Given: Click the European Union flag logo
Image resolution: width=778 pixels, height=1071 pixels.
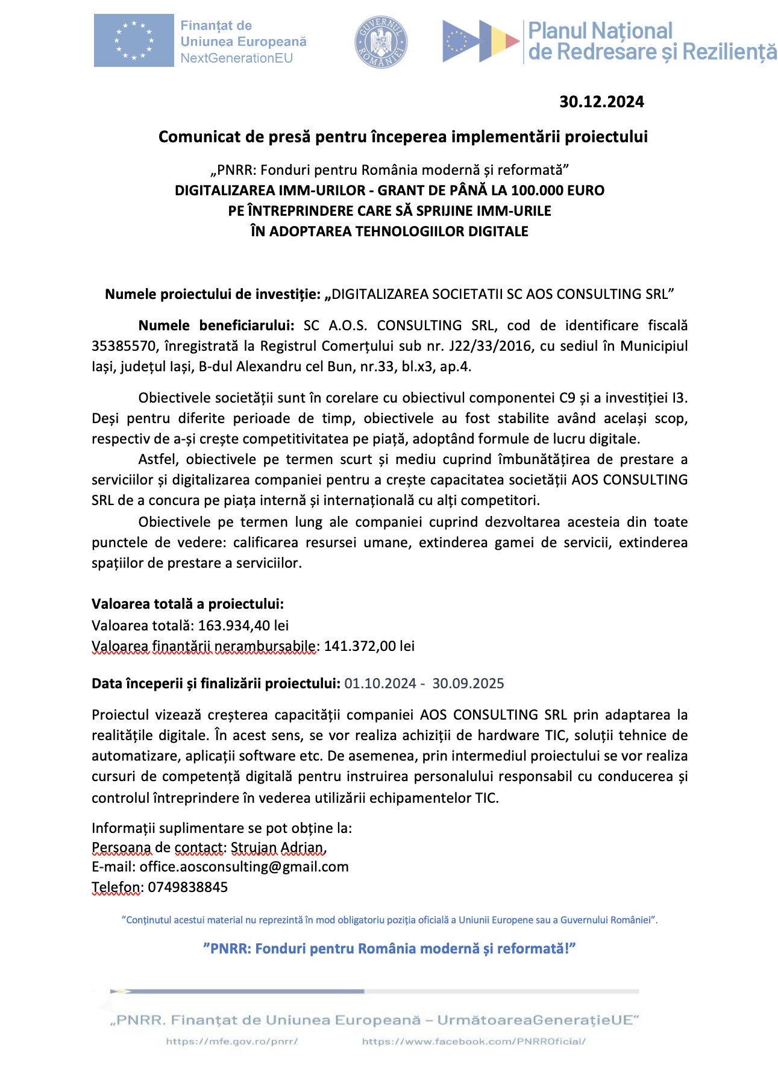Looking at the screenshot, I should (134, 40).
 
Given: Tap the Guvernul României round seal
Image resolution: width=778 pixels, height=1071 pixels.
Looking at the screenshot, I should (381, 42).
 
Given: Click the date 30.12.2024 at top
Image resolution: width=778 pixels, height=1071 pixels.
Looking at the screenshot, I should (601, 102).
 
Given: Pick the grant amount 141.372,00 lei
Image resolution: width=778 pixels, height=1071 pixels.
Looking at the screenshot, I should (369, 646).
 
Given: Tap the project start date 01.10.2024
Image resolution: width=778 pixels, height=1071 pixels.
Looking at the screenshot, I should (380, 683).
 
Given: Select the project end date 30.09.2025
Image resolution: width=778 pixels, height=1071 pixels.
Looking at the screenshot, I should (468, 683).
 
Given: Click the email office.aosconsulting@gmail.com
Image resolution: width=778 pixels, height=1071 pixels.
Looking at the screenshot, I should (244, 867).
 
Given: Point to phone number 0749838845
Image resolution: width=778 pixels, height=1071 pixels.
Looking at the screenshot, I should (187, 887).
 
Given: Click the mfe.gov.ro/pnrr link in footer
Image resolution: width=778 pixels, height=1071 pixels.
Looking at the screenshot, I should (232, 1041).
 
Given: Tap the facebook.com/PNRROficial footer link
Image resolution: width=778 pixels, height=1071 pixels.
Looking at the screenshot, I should (474, 1041).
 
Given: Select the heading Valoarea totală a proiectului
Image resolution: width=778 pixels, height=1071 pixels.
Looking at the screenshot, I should (187, 604).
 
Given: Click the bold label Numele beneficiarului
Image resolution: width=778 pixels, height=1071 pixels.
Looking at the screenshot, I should (216, 326).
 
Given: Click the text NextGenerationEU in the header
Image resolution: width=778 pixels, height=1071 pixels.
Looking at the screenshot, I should (236, 58).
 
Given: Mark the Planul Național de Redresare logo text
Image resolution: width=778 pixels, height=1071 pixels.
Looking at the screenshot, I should (652, 42).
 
